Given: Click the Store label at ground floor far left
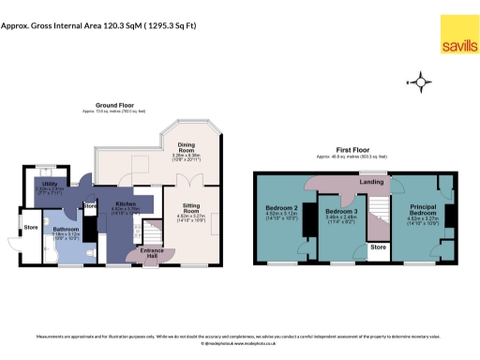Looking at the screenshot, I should pos(30,226).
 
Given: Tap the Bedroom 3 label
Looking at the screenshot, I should pos(337,213).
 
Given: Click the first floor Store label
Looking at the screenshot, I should pos(377,247).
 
